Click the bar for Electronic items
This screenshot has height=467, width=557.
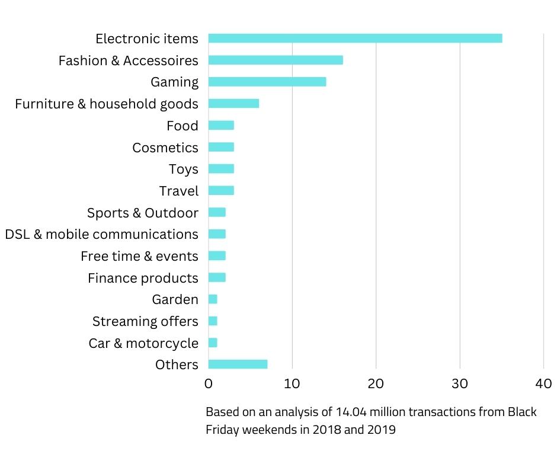(x=355, y=39)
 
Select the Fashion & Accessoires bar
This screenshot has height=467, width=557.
(x=276, y=60)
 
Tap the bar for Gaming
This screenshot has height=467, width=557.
(x=267, y=82)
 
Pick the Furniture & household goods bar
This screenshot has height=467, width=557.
(x=233, y=104)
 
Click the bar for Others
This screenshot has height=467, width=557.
(x=238, y=364)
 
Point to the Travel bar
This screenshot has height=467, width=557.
(x=221, y=191)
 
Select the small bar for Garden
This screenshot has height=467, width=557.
(x=213, y=299)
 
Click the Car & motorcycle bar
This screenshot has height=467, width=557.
(x=213, y=343)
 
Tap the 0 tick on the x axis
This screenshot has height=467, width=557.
(x=209, y=383)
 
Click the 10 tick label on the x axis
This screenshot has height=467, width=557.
(x=292, y=383)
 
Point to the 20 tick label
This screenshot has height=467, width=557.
(x=376, y=383)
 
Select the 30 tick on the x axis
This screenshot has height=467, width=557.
(x=460, y=383)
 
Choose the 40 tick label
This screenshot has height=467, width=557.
(x=543, y=383)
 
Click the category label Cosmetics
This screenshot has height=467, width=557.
(x=165, y=148)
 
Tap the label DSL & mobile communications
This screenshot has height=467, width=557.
(x=101, y=234)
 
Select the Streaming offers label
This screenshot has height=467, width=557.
(x=145, y=321)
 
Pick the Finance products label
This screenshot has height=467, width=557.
(x=143, y=278)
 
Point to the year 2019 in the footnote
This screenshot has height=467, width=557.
(x=382, y=430)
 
